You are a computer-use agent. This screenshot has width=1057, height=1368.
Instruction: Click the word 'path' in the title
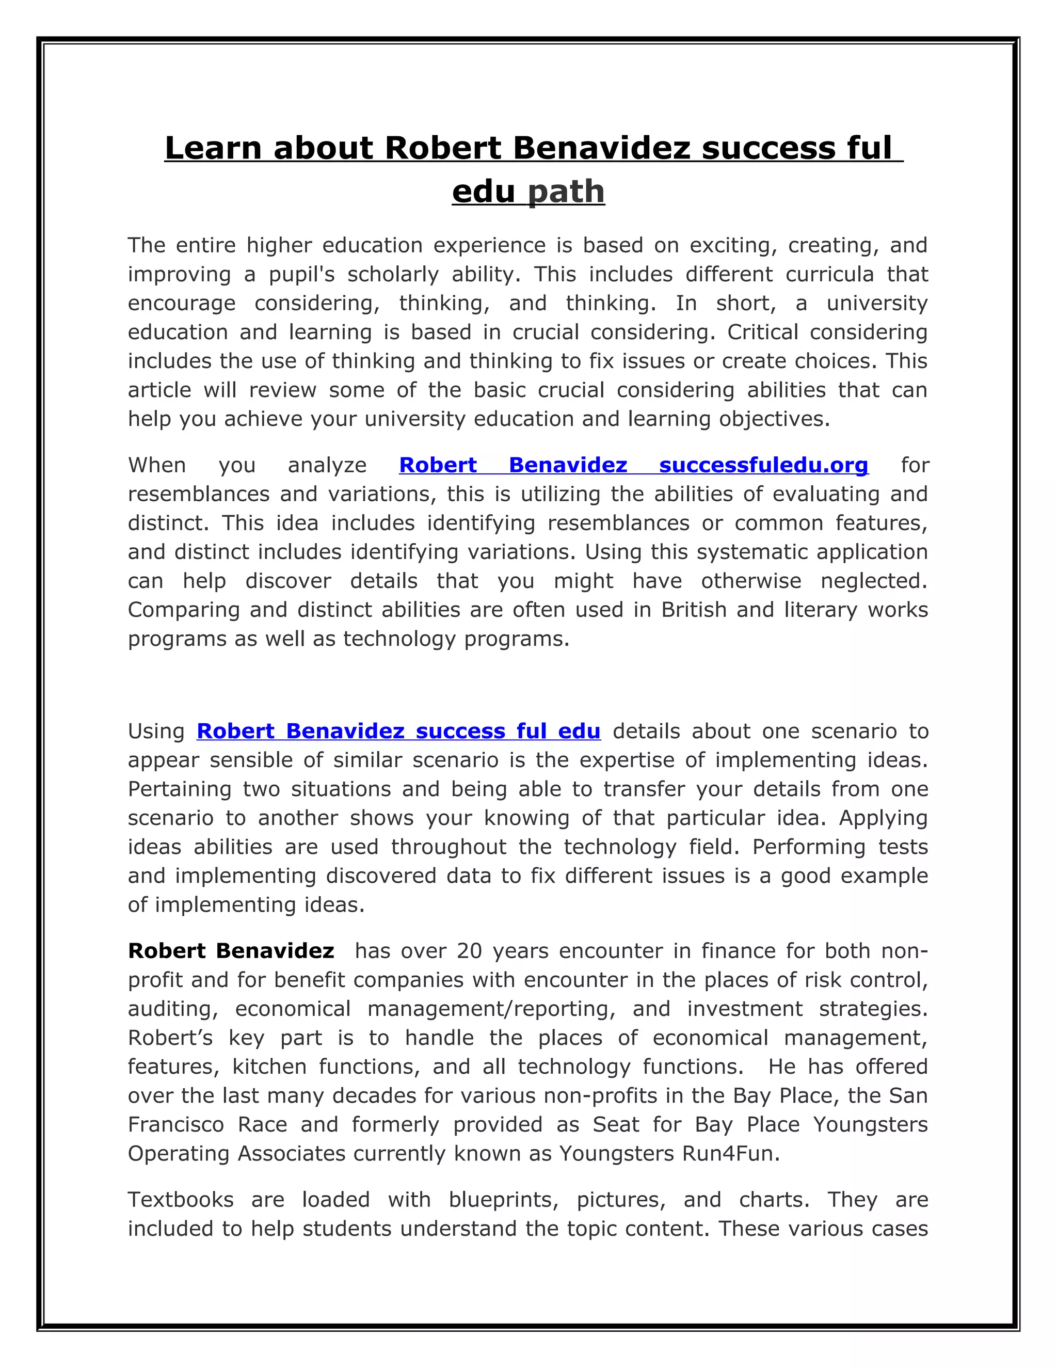566,191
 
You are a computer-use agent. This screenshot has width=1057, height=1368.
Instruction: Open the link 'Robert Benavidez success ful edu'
398,731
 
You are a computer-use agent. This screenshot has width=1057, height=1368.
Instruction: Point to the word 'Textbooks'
180,1200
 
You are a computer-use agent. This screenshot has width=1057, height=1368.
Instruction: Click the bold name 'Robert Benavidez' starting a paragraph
230,951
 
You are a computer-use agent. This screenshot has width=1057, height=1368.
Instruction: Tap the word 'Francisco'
176,1124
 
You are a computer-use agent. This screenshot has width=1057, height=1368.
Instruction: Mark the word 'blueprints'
503,1200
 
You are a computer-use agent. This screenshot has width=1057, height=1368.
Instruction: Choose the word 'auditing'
172,1009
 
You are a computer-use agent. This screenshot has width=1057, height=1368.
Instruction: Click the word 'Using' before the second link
156,731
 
